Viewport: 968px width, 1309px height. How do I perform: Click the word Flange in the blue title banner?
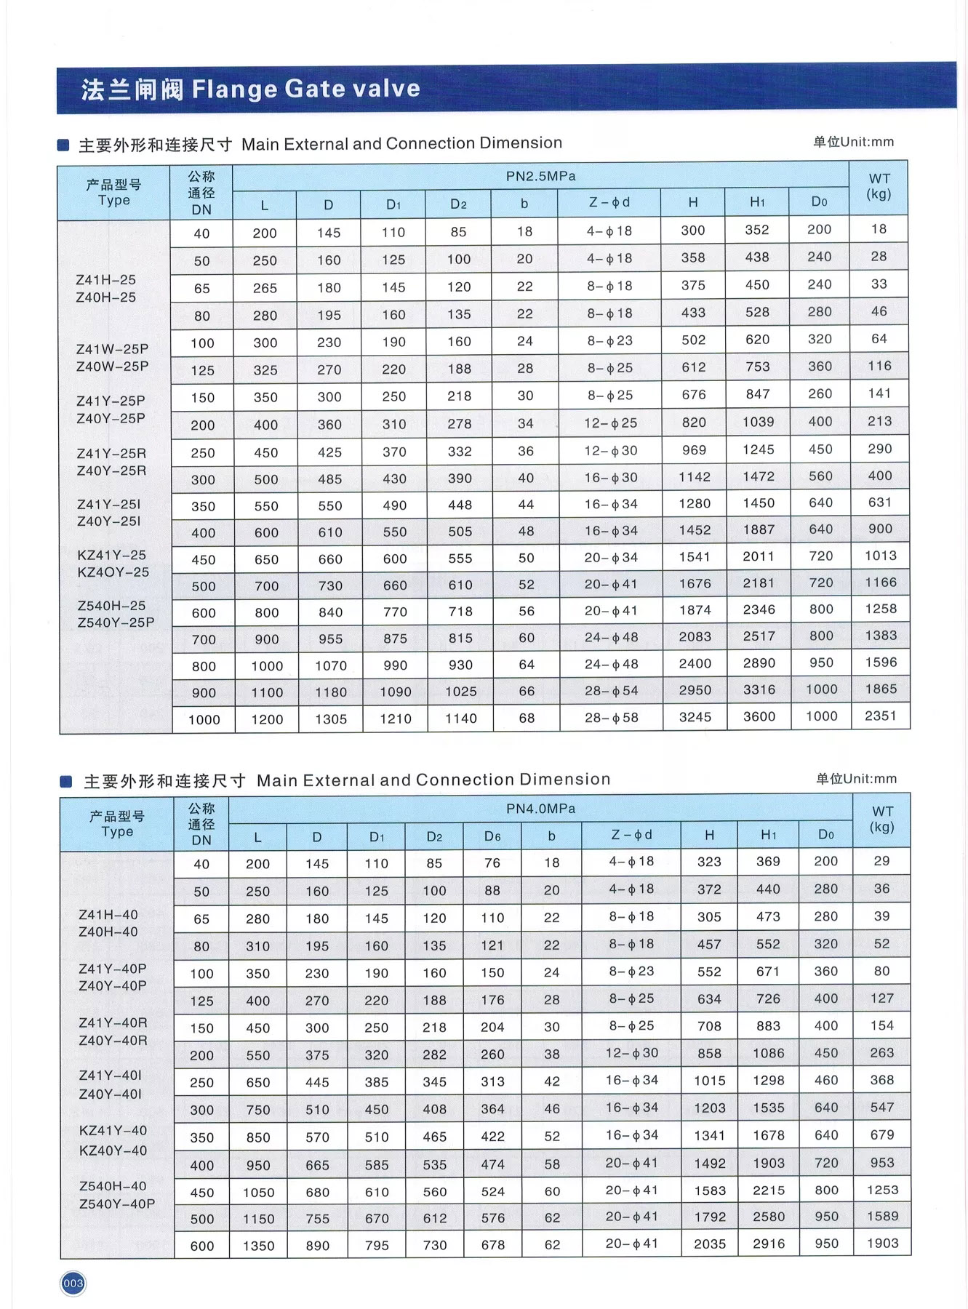coord(234,89)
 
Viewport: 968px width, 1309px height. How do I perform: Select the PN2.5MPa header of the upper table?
coord(540,176)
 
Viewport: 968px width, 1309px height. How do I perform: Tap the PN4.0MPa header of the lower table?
coord(540,809)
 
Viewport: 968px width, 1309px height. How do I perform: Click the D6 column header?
coord(492,836)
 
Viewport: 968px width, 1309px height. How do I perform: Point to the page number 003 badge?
coord(73,1284)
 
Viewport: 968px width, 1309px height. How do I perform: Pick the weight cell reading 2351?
coord(880,716)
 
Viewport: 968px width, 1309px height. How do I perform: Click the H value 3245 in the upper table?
coord(695,717)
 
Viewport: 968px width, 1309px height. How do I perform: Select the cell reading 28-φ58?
coord(611,718)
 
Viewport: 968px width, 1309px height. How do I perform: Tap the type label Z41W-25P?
coord(112,349)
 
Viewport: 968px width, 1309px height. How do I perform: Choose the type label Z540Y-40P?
coord(116,1204)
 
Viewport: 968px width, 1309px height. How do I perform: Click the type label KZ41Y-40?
coord(113,1130)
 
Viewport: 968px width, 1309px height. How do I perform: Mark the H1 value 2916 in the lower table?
coord(769,1244)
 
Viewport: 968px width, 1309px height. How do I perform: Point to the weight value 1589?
coord(882,1216)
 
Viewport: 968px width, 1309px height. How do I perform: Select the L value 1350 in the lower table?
coord(258,1246)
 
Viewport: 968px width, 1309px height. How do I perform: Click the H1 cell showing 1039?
coord(758,422)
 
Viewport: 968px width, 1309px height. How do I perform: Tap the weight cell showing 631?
coord(880,502)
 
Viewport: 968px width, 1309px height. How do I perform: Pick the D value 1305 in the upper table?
coord(331,719)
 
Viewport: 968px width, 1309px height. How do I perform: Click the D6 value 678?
coord(492,1245)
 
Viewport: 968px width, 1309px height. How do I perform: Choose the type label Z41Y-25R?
coord(111,454)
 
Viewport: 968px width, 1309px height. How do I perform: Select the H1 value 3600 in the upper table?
coord(759,716)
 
